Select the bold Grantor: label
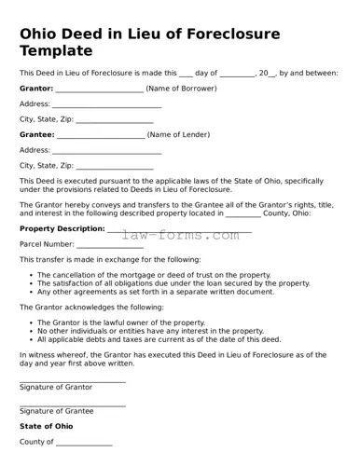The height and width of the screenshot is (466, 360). click(36, 89)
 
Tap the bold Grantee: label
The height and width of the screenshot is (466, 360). click(36, 134)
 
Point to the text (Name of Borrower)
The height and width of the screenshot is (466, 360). click(182, 89)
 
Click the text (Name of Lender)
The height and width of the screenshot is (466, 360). click(179, 134)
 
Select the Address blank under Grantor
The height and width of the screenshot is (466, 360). click(106, 104)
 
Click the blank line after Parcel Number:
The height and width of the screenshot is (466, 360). click(109, 244)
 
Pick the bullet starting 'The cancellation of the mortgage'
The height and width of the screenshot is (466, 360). click(156, 275)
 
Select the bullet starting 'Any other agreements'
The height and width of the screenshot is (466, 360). click(156, 292)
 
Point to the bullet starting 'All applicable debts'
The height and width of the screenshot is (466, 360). click(158, 338)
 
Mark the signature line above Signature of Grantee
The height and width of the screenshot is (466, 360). click(72, 405)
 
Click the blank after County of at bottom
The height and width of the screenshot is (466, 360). click(84, 444)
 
